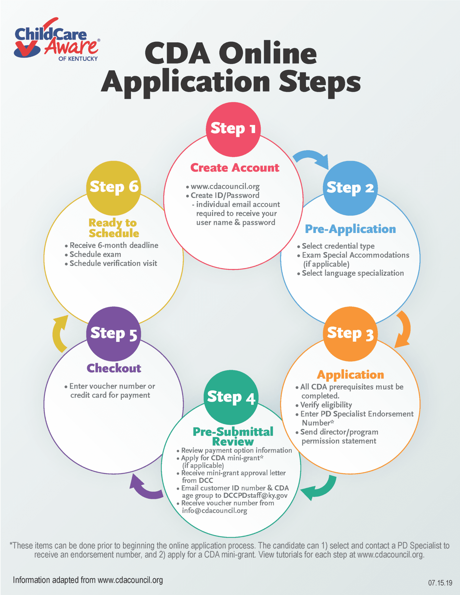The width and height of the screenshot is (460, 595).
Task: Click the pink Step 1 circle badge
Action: (x=233, y=129)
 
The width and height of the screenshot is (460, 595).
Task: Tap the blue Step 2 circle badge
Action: (x=350, y=188)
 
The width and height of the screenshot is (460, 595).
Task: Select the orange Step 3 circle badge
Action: (x=350, y=334)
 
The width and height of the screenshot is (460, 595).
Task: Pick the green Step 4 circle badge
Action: (x=231, y=397)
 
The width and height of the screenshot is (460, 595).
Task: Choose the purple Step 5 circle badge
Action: (x=114, y=334)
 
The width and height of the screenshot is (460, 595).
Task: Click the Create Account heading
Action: (x=235, y=168)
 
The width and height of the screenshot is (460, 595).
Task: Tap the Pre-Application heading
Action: (x=350, y=229)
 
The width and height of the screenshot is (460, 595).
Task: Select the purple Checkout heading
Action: (x=114, y=368)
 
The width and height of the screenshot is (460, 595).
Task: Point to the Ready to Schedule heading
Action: (x=114, y=228)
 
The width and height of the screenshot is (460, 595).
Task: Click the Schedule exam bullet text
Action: (x=95, y=255)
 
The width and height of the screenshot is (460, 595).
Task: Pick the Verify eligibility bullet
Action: (x=326, y=405)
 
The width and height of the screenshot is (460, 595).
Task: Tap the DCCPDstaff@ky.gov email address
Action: (x=255, y=495)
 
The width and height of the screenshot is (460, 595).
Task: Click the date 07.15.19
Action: (x=440, y=583)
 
